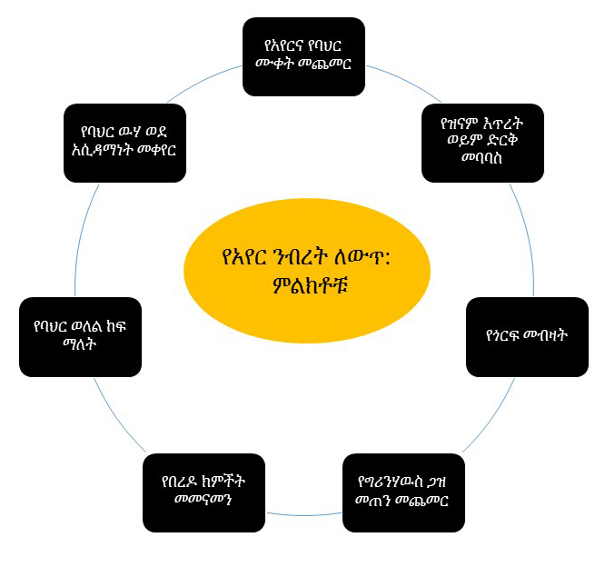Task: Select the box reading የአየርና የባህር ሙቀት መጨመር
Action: coord(303,56)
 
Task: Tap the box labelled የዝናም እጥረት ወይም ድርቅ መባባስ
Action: coord(482,144)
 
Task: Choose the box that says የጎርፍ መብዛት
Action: coord(526,337)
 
